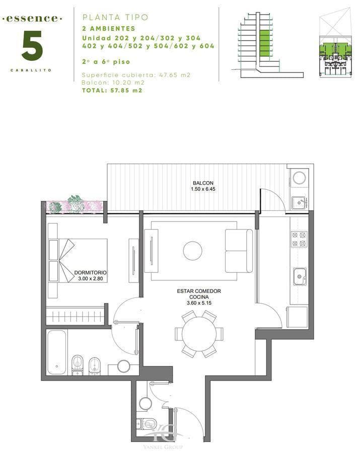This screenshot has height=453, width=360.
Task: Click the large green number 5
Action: pos(32,46)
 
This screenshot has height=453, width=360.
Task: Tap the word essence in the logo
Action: pos(32,19)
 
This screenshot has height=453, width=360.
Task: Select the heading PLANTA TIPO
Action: pos(115,17)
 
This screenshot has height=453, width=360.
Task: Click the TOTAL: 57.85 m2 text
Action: pos(112,91)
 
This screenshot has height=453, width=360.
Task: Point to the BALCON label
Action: pos(203,183)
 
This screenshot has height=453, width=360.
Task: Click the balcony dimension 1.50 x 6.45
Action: pos(203,189)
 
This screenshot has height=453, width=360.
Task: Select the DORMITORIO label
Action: pos(91,272)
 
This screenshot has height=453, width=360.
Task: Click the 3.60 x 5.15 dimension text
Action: pos(199,303)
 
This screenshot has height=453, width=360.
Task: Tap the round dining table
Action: pos(199,334)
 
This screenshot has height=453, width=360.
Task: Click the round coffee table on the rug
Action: pos(193,251)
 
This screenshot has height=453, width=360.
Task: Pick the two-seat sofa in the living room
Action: pos(239,251)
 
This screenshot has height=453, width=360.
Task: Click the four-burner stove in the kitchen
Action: pos(299,239)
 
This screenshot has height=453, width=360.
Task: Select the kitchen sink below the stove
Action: pos(300,276)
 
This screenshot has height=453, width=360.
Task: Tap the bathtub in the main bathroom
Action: pos(57,352)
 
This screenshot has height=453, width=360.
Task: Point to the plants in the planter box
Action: pos(75,204)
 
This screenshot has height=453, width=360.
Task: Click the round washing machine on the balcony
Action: pos(299,177)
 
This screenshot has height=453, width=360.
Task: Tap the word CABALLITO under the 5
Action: pos(31,70)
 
